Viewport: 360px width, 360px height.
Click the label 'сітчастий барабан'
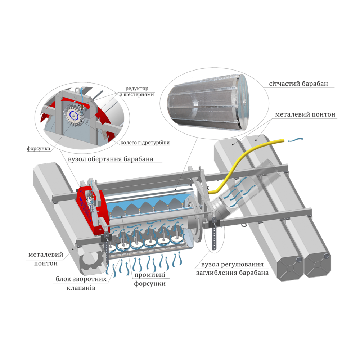pyautogui.click(x=298, y=84)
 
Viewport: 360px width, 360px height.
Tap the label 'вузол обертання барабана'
pyautogui.click(x=111, y=159)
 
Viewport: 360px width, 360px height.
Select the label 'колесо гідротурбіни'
pyautogui.click(x=145, y=143)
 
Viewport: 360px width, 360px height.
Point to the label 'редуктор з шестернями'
pyautogui.click(x=137, y=91)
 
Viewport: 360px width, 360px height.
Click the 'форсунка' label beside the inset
pyautogui.click(x=39, y=149)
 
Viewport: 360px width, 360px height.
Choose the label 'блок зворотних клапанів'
pyautogui.click(x=81, y=283)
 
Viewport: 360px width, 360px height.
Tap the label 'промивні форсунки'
pyautogui.click(x=150, y=279)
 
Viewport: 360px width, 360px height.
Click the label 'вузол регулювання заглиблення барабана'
pyautogui.click(x=232, y=269)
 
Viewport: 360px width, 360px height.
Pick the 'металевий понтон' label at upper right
pyautogui.click(x=305, y=114)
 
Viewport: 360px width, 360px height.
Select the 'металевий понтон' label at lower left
pyautogui.click(x=46, y=259)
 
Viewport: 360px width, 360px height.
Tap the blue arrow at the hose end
pyautogui.click(x=296, y=139)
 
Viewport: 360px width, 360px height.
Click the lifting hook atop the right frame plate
pyautogui.click(x=201, y=171)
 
